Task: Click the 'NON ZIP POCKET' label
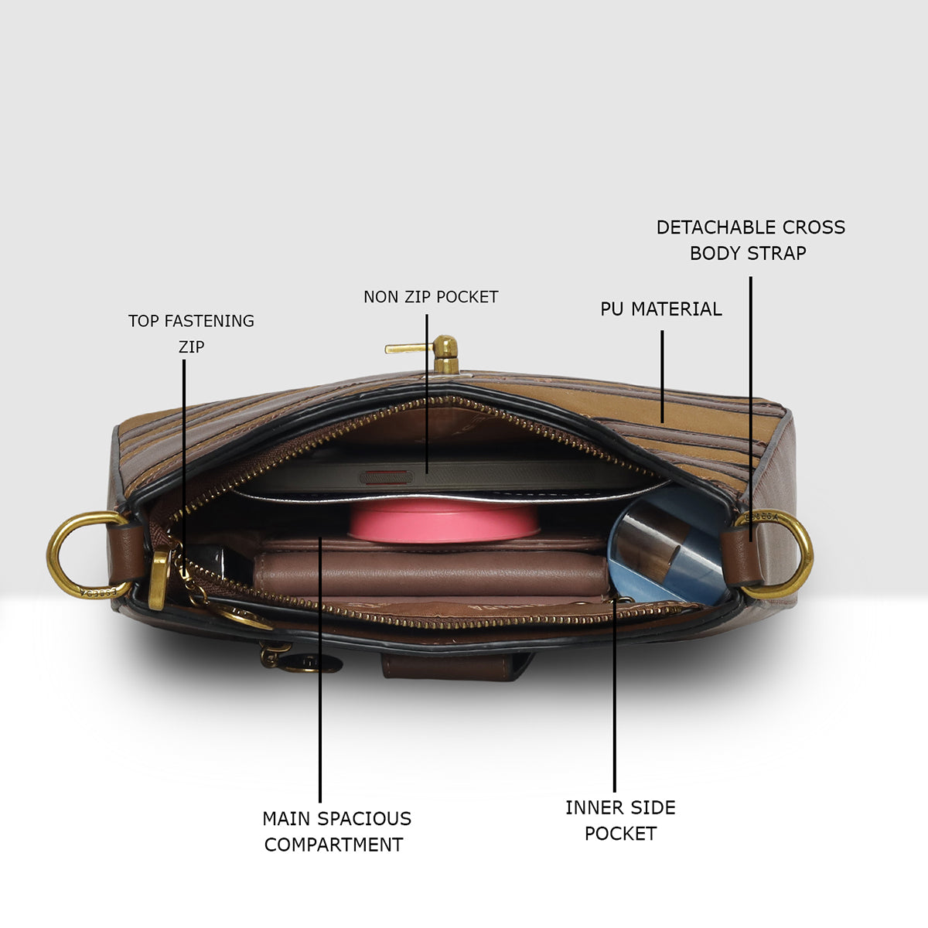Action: pos(431,297)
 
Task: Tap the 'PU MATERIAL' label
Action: pos(661,309)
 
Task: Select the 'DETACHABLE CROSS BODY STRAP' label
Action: pos(750,240)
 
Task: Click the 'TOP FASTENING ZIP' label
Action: pos(191,333)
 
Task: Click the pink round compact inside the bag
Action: pos(442,520)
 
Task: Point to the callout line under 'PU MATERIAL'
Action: pos(662,377)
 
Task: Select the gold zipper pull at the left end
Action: pos(159,580)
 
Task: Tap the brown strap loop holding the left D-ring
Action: pos(126,554)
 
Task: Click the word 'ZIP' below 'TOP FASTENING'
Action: pos(192,346)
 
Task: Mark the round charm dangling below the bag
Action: pos(311,664)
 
